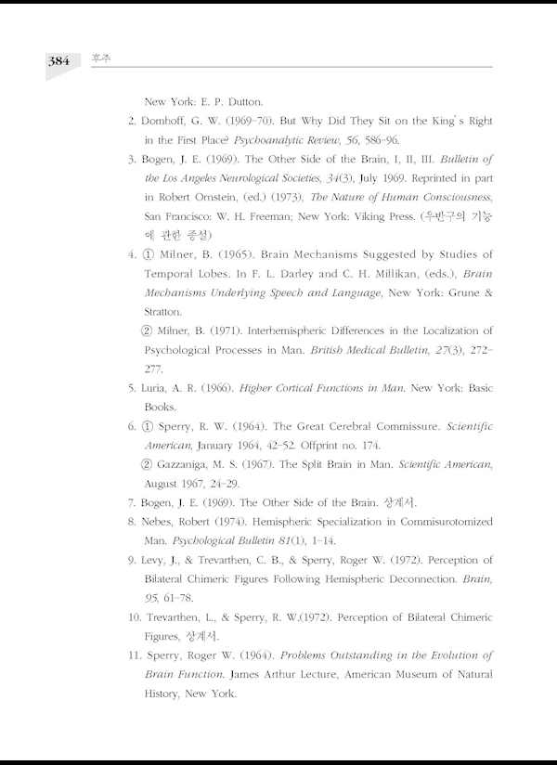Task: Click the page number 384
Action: coord(58,61)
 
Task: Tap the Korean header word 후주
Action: coord(97,58)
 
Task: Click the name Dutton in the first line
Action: coord(241,101)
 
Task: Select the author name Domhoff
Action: coord(170,122)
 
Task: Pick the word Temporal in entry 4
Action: coord(174,274)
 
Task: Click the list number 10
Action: coord(134,617)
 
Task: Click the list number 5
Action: coord(133,388)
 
